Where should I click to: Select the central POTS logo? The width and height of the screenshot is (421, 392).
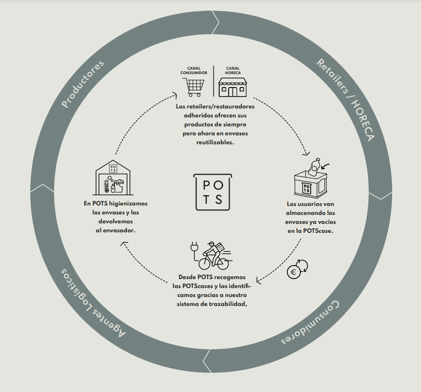(213, 192)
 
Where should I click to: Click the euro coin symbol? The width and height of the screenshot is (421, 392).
(293, 272)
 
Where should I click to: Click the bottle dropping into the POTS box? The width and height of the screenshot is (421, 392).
(315, 167)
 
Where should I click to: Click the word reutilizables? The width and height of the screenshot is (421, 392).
(215, 142)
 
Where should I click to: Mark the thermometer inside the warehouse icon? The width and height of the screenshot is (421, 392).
(106, 186)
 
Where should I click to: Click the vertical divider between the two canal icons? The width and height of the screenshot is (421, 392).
(213, 81)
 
